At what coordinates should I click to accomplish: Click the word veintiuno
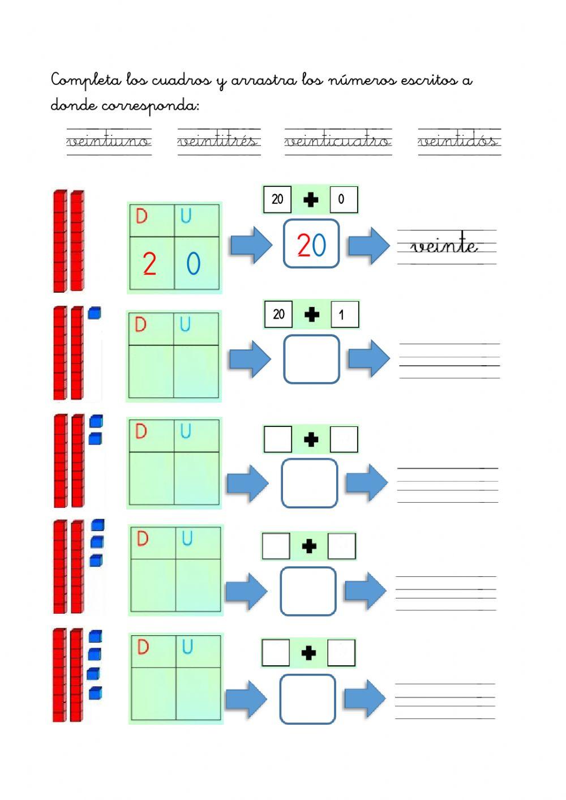pyautogui.click(x=109, y=140)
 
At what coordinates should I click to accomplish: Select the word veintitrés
pyautogui.click(x=218, y=140)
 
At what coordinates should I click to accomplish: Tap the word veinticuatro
pyautogui.click(x=337, y=140)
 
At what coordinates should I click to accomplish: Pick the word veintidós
pyautogui.click(x=458, y=140)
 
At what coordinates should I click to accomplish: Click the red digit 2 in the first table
pyautogui.click(x=149, y=264)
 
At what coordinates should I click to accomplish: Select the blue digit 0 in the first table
pyautogui.click(x=193, y=264)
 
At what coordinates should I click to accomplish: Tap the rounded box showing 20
pyautogui.click(x=311, y=244)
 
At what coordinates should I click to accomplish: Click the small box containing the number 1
pyautogui.click(x=344, y=315)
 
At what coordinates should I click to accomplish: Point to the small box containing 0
pyautogui.click(x=344, y=199)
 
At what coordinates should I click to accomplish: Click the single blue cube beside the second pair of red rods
pyautogui.click(x=95, y=313)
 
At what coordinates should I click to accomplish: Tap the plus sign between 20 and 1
pyautogui.click(x=311, y=315)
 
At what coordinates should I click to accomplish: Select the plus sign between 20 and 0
pyautogui.click(x=311, y=199)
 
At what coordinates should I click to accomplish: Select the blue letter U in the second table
pyautogui.click(x=185, y=324)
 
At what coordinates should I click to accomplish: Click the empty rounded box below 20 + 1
pyautogui.click(x=311, y=359)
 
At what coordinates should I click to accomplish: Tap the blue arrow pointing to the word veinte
pyautogui.click(x=369, y=245)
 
